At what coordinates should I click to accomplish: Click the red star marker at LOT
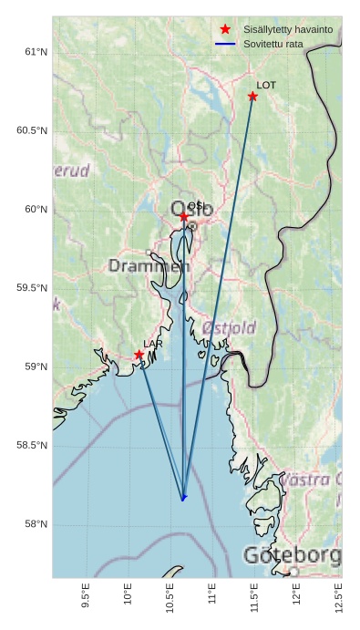pos(252,97)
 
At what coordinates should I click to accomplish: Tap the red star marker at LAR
pos(139,355)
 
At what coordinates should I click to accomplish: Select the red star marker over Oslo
pos(183,217)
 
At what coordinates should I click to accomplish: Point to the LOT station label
pos(266,85)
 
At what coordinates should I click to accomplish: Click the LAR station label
pos(152,344)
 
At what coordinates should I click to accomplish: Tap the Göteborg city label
pos(292,555)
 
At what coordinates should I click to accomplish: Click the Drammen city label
pos(149,266)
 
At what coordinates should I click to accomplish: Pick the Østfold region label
pos(229,327)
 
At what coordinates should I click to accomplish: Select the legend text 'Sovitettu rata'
pos(267,44)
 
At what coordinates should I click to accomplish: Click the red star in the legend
pos(225,30)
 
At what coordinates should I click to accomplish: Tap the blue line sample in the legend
pos(225,44)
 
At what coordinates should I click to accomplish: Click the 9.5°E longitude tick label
pos(86,594)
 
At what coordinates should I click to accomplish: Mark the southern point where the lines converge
pos(183,498)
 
